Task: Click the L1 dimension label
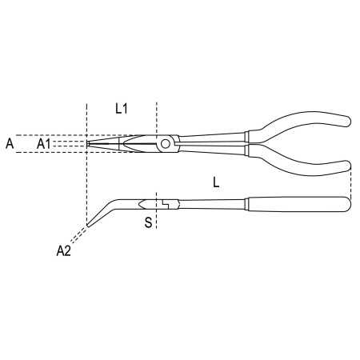coord(122,109)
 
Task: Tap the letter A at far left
coord(10,144)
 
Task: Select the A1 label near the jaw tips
coord(43,144)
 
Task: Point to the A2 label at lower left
coord(63,251)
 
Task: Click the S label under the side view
coord(148,222)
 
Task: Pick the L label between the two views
coord(216,182)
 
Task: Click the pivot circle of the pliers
coord(166,144)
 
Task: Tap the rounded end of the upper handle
coord(346,122)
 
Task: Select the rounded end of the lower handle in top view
coord(346,166)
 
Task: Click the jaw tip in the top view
coord(88,144)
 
